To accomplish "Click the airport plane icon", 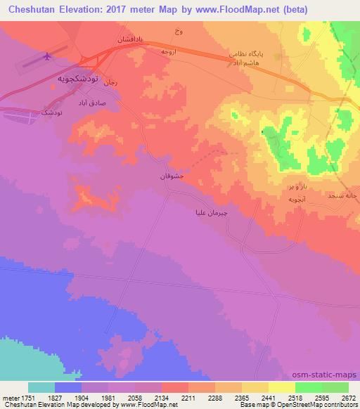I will [x=48, y=57].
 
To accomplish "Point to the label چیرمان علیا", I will [x=212, y=212].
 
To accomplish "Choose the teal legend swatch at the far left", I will [x=41, y=387].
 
